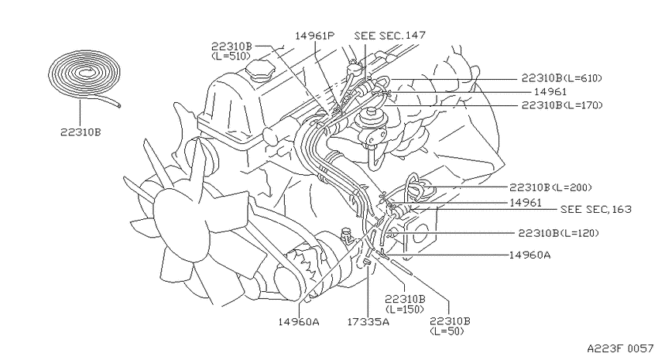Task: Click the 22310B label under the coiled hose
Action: tap(81, 132)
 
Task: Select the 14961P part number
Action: tap(315, 36)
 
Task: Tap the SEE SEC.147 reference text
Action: tap(390, 36)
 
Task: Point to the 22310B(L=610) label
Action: tap(562, 78)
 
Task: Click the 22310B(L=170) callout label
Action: tap(562, 105)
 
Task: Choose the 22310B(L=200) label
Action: tap(550, 187)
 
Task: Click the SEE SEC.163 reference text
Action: tap(596, 209)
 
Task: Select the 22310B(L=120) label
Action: tap(559, 233)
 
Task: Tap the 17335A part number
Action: tap(368, 322)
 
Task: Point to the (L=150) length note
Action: tap(404, 309)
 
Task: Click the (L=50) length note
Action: tap(447, 331)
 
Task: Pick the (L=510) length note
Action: tap(231, 56)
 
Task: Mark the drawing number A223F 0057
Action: tap(620, 348)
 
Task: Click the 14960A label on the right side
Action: tap(530, 255)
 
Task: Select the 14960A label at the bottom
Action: tap(299, 322)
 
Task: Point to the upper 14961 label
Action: tap(550, 91)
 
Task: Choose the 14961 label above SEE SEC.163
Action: tap(526, 203)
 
